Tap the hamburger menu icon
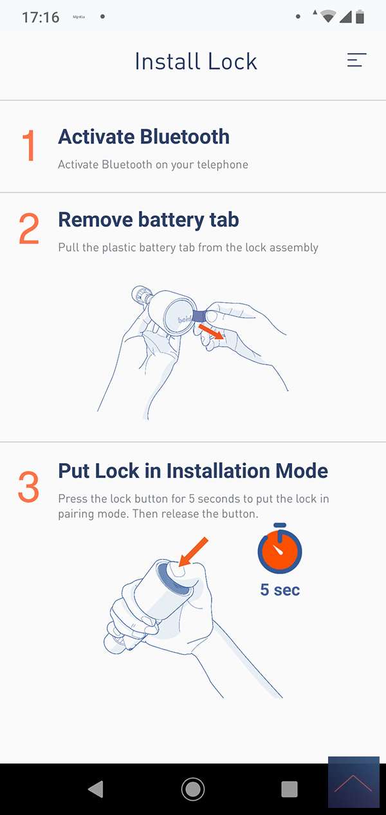click(x=356, y=60)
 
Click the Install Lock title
click(x=196, y=61)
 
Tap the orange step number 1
click(x=28, y=145)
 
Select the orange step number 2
click(x=29, y=228)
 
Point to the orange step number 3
click(x=28, y=487)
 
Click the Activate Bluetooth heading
click(x=143, y=137)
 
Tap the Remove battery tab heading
click(x=149, y=220)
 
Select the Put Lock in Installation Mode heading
click(x=193, y=471)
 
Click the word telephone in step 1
click(x=223, y=165)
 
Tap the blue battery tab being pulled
click(x=199, y=315)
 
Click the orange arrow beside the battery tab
click(x=211, y=331)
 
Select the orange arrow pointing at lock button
click(x=193, y=551)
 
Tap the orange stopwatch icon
click(x=280, y=549)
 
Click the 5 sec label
click(x=280, y=590)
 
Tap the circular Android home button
click(x=193, y=789)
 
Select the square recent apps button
click(x=289, y=789)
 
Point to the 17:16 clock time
click(x=41, y=17)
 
